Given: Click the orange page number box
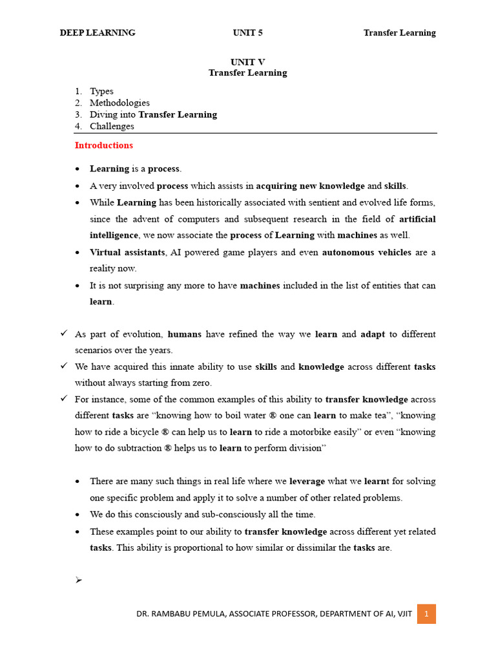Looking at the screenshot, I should click(x=426, y=614).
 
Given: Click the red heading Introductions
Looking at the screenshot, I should click(x=104, y=145).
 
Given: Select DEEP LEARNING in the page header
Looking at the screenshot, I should click(x=98, y=33).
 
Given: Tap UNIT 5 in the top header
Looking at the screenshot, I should click(x=247, y=33).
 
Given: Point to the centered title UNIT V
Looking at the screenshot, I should click(x=247, y=62).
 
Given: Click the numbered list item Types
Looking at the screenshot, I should click(x=101, y=91).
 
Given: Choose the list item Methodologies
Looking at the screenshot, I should click(x=119, y=103).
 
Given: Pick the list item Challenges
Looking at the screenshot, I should click(x=112, y=126).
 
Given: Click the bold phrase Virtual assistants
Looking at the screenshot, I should click(x=127, y=252).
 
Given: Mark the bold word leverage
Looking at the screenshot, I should click(x=311, y=482).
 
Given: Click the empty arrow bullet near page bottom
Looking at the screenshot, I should click(x=79, y=581).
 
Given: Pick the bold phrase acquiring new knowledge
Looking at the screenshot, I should click(x=310, y=186).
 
